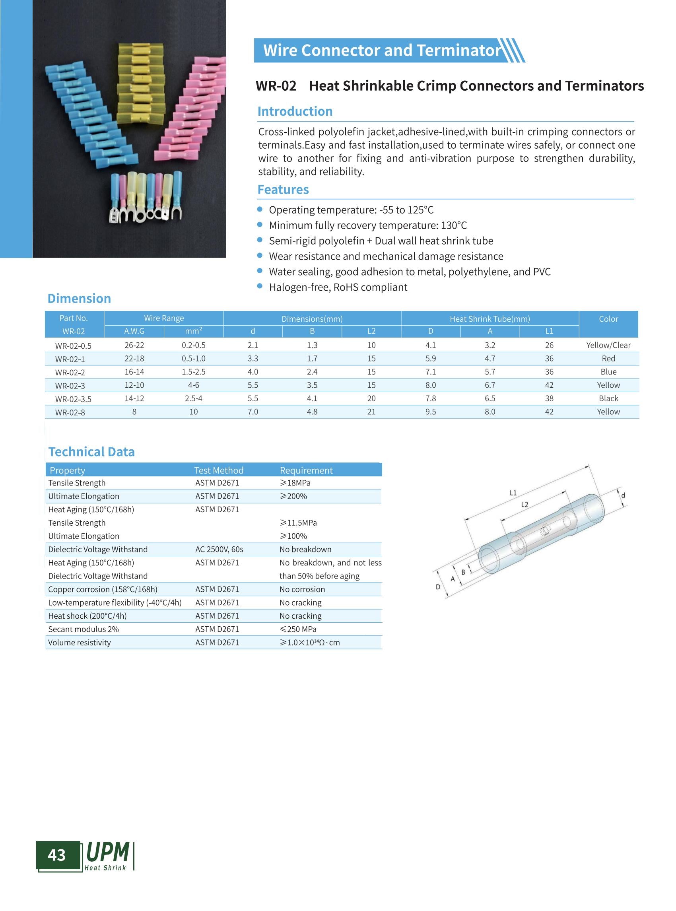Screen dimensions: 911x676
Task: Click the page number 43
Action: (56, 855)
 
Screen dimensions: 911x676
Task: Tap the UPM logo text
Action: (108, 852)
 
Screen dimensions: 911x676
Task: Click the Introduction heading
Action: (295, 111)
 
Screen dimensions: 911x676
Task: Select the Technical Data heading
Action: (91, 451)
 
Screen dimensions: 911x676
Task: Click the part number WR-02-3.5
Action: (73, 399)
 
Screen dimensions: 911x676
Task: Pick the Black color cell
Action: (608, 398)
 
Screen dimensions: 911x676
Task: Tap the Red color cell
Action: (608, 359)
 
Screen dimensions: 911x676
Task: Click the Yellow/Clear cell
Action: (608, 345)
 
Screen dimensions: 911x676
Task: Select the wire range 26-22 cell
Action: (134, 345)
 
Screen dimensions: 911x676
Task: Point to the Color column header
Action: (608, 319)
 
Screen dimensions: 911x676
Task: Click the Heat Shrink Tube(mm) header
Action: (490, 319)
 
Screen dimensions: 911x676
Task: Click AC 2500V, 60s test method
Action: (219, 549)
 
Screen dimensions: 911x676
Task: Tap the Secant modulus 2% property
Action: (84, 629)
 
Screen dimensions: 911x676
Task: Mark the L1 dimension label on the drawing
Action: (513, 493)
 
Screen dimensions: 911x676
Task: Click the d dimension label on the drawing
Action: (623, 495)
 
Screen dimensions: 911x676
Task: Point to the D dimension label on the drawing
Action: (438, 587)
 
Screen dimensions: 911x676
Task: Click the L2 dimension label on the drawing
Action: (524, 505)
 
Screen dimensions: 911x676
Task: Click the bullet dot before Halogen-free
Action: (259, 286)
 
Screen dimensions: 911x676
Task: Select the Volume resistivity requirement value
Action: (309, 643)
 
